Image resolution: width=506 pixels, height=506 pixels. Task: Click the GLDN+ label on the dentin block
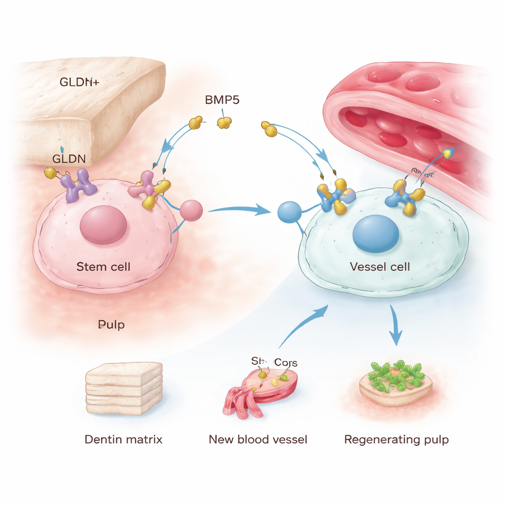tap(79, 82)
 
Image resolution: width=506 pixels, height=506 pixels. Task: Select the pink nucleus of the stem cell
tap(103, 224)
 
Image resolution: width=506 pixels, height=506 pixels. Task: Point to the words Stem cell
tap(103, 267)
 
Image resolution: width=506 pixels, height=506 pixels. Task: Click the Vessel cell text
tap(379, 267)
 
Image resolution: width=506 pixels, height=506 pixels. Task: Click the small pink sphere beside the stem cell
tap(191, 211)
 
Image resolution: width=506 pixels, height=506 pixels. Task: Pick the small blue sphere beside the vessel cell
tap(289, 212)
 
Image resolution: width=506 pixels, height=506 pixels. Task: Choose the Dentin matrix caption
tap(123, 439)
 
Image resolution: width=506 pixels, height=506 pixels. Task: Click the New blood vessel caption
tap(258, 439)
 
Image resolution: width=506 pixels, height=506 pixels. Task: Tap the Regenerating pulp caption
tap(396, 439)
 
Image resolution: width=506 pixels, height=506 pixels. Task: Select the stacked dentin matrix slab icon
tap(124, 388)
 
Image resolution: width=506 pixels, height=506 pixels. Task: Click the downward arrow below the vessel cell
tap(395, 326)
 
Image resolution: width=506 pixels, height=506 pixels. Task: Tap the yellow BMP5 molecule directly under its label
tap(225, 122)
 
